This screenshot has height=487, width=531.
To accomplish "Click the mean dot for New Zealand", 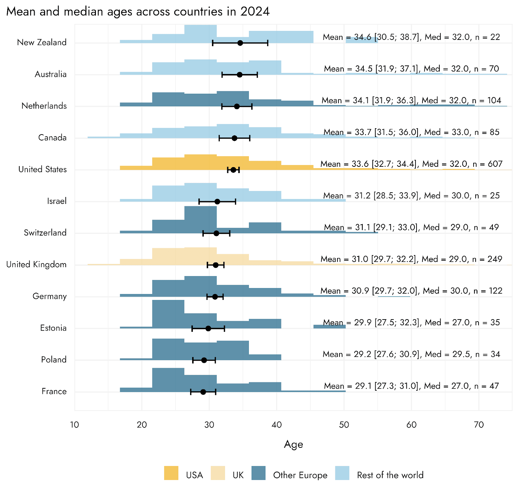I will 240,43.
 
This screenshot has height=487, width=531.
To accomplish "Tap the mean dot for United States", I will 233,170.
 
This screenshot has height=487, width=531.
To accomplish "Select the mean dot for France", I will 203,392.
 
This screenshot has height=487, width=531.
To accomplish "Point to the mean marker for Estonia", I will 208,329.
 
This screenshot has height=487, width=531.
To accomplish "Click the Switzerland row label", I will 45,233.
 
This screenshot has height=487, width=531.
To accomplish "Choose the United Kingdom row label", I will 37,264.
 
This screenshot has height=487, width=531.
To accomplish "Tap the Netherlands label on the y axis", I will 44,106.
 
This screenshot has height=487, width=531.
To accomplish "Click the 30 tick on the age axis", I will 209,425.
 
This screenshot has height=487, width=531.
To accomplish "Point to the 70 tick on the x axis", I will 479,425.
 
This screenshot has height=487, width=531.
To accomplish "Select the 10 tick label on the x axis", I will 75,425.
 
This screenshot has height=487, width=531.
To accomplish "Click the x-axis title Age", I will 293,444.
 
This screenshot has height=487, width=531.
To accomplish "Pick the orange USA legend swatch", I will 171,473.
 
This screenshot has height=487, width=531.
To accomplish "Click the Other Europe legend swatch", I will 258,473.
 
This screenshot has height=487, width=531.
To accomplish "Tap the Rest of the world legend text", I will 390,475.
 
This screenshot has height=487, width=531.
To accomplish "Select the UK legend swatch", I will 218,473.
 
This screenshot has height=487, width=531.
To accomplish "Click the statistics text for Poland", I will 411,354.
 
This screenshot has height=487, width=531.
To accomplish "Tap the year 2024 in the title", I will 255,12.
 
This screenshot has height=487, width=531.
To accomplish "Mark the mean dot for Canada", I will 234,138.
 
